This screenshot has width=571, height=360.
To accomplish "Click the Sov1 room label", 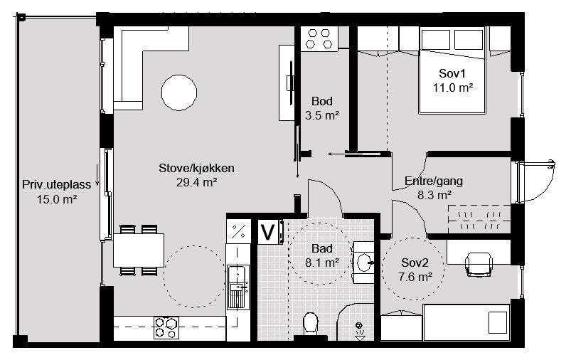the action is (x=452, y=73).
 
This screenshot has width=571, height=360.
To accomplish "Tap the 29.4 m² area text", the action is (x=197, y=182).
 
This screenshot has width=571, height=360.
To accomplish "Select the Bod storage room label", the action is (x=322, y=101).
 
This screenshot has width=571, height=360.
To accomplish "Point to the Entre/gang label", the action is (x=434, y=181).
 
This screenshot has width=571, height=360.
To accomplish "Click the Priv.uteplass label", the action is (x=56, y=185).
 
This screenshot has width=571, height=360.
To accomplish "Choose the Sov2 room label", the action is (x=415, y=263).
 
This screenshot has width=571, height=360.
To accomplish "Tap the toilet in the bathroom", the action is (x=311, y=323).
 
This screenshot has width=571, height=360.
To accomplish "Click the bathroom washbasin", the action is (x=365, y=263).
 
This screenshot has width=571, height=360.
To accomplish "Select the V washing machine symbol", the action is (x=268, y=232).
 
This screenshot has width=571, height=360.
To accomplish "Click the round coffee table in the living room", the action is (x=179, y=92).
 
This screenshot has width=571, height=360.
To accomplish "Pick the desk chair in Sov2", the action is (x=479, y=265).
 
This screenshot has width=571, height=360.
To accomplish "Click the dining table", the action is (x=139, y=250).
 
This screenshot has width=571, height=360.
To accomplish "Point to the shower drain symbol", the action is (x=359, y=332).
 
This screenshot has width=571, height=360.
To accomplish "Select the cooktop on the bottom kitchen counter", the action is (x=166, y=327).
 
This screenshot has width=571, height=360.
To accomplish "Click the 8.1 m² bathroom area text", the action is (x=322, y=263).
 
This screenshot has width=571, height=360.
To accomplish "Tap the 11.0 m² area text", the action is (x=453, y=88).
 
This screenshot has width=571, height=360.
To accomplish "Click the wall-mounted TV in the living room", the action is (x=291, y=83).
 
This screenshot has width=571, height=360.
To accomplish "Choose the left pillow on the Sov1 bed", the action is (x=437, y=40).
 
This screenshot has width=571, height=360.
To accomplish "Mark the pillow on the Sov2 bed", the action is (x=498, y=322).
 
